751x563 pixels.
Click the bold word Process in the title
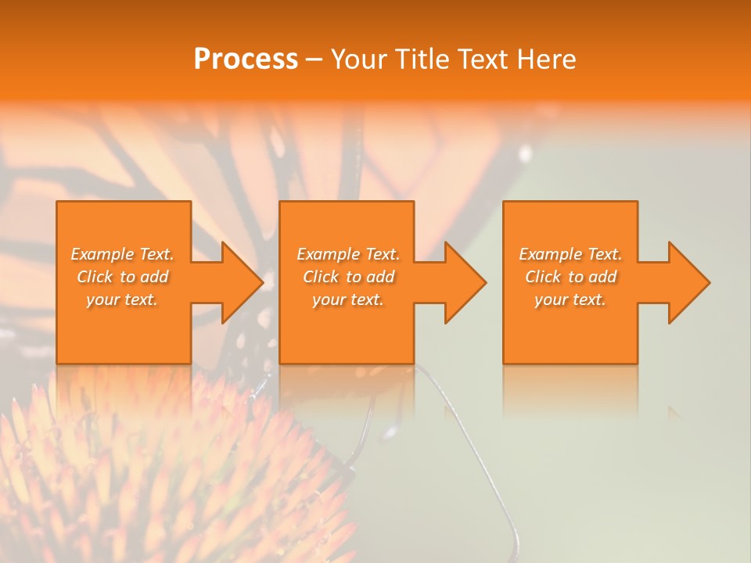tap(246, 59)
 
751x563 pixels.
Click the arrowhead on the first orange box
tap(239, 282)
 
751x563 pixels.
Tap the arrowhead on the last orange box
tap(687, 282)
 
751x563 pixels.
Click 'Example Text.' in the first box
tap(122, 254)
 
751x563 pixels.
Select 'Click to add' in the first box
tap(122, 277)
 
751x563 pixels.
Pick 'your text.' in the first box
tap(122, 299)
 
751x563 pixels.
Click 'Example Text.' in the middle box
tap(347, 254)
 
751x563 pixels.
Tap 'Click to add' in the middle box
tap(347, 277)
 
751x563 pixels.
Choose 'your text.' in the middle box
tap(347, 299)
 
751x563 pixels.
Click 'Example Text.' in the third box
tap(570, 254)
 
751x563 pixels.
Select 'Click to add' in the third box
tap(570, 277)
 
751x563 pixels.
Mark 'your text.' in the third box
tap(570, 299)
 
